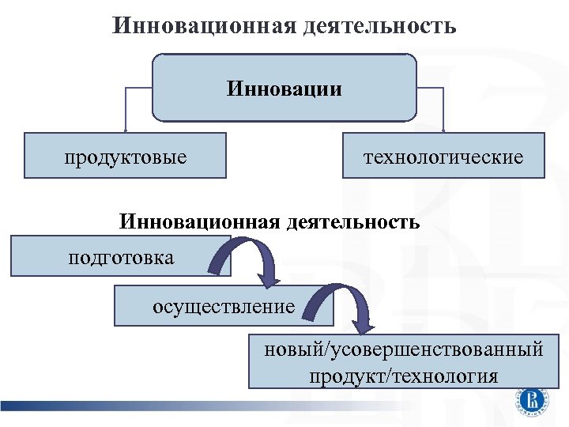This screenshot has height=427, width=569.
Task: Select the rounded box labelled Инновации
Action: [284, 87]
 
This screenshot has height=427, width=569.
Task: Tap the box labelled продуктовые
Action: [126, 156]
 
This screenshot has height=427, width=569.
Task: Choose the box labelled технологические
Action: [443, 156]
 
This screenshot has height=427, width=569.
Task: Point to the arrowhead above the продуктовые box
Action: [125, 130]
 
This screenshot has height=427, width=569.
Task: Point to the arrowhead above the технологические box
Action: [443, 130]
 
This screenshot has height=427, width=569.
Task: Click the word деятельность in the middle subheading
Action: [352, 221]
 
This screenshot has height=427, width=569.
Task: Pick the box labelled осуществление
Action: [224, 306]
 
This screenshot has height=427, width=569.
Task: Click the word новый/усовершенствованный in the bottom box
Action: [404, 349]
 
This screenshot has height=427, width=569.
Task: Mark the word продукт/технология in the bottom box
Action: [404, 375]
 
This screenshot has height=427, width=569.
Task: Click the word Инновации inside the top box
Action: [284, 87]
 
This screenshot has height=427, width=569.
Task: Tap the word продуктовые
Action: [126, 156]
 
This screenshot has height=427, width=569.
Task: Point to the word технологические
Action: [443, 156]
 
